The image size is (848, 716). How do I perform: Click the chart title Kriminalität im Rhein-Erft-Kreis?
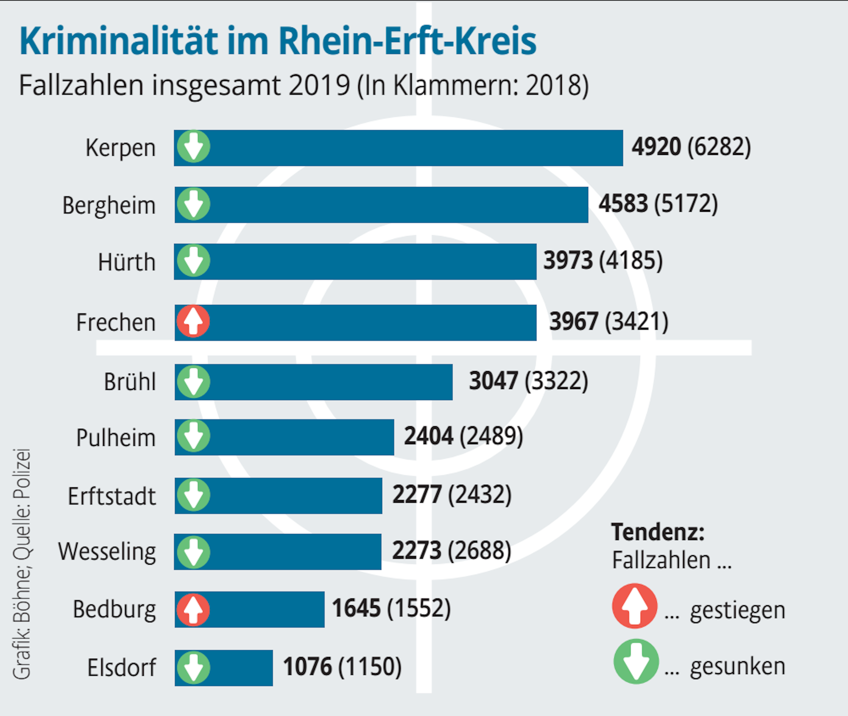pos(278,41)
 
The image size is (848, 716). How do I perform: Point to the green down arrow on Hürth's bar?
pos(193,260)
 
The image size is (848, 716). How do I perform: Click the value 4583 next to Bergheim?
pos(623,204)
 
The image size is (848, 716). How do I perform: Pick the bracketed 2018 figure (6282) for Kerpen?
pos(719,147)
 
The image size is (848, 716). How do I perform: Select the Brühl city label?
pos(130,382)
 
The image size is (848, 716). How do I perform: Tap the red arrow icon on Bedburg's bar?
pos(193,610)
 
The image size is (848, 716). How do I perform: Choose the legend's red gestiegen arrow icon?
pos(635,606)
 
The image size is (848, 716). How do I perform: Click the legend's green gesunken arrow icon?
pos(636,661)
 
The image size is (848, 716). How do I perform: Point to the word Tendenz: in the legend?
pos(658,532)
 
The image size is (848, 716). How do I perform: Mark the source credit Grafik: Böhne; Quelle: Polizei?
pos(21,564)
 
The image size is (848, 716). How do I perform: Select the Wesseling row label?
pos(107,551)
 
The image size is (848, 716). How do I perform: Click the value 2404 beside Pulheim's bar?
pos(428,436)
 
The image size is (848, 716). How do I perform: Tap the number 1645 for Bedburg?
pos(356,608)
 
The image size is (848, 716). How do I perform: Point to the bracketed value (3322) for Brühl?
pos(556,381)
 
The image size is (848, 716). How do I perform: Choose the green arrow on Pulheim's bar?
pos(193,436)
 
